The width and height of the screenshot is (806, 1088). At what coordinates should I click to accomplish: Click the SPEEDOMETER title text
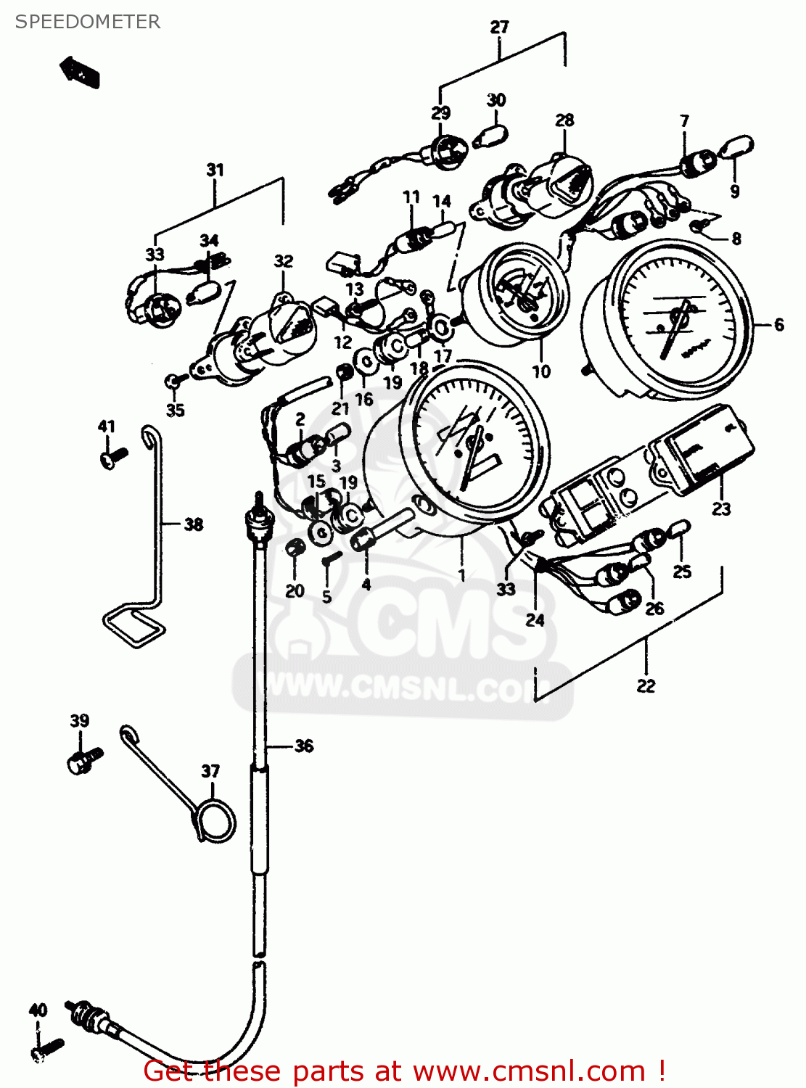(x=88, y=22)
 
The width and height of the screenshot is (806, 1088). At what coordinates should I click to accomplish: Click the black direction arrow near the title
(x=80, y=72)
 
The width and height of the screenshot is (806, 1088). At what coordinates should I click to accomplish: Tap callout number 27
(x=500, y=28)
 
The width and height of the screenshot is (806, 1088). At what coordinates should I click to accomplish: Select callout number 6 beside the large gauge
(x=779, y=324)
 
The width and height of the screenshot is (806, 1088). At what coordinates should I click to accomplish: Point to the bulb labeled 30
(x=491, y=136)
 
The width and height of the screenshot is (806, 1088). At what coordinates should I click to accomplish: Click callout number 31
(x=215, y=170)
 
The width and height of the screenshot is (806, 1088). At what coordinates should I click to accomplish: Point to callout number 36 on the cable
(x=304, y=746)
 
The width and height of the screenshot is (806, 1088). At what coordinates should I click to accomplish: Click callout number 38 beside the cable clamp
(x=193, y=524)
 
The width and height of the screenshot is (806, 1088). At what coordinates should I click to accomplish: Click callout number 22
(x=646, y=685)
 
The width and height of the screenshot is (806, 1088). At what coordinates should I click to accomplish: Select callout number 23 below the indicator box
(x=720, y=508)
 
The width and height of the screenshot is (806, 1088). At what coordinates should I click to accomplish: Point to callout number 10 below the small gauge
(x=541, y=371)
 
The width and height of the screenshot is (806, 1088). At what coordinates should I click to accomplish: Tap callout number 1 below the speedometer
(x=461, y=575)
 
